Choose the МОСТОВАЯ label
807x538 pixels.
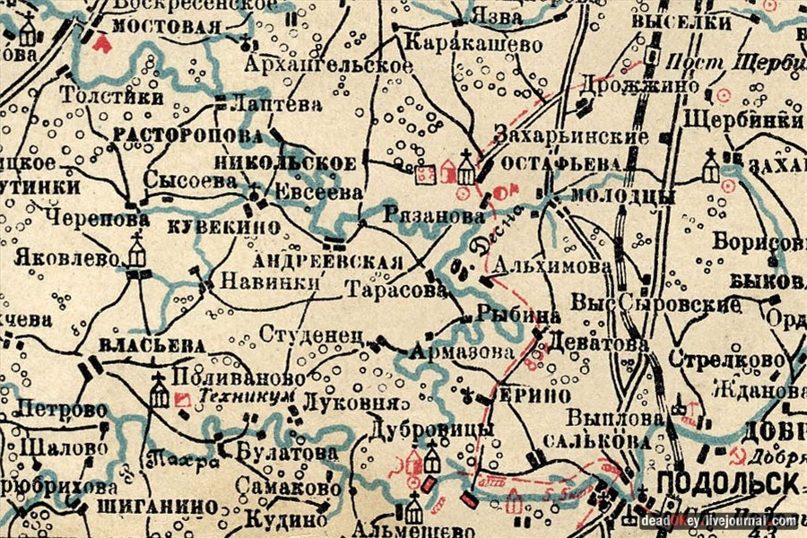point(167,25)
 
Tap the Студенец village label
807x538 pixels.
point(310,334)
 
